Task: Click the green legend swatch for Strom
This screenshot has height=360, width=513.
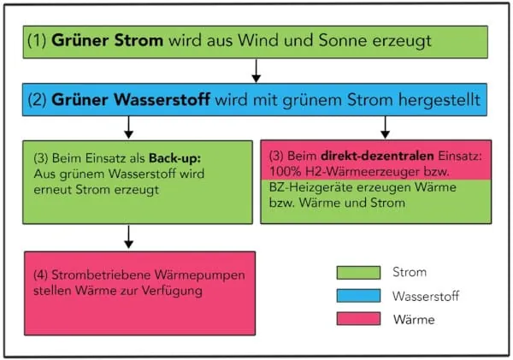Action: (360, 273)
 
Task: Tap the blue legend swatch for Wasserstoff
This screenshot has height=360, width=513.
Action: (360, 296)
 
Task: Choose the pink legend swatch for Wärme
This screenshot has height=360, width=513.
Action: (360, 320)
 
